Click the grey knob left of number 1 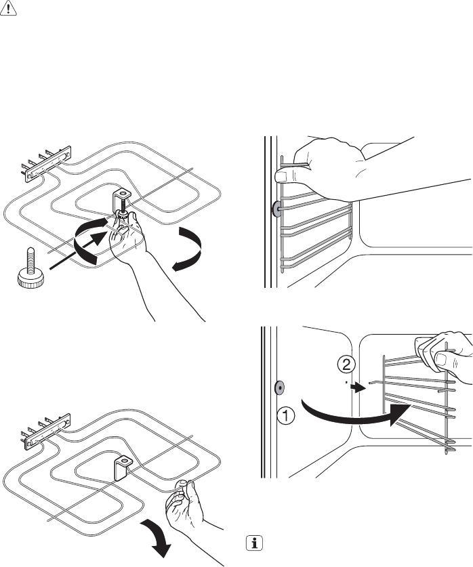(279, 388)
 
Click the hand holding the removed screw (187, 502)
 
